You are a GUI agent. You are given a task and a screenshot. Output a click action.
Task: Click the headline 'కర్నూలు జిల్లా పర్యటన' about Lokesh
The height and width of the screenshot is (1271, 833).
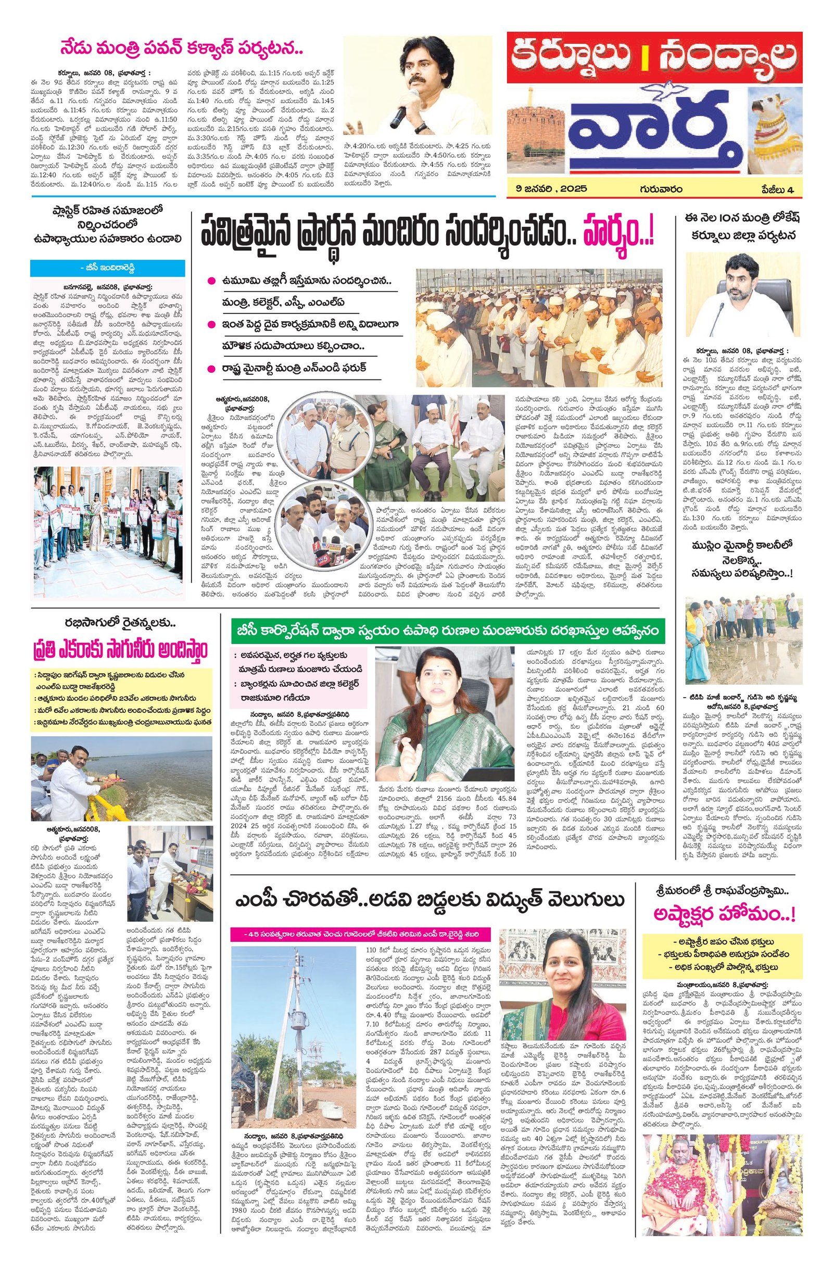click(744, 235)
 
